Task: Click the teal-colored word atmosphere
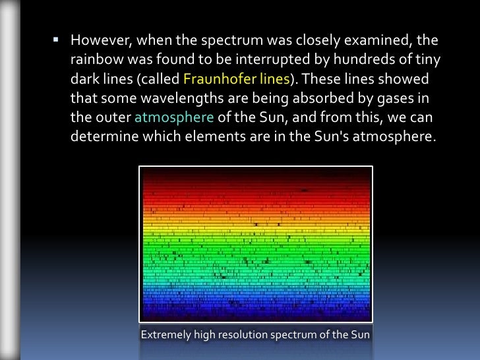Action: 174,119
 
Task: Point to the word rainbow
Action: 93,62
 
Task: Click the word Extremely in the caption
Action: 166,336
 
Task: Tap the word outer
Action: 113,119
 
